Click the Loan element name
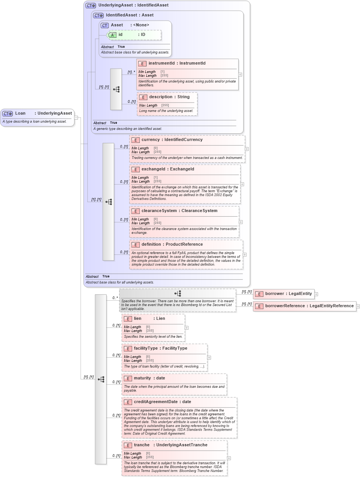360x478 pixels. pos(20,113)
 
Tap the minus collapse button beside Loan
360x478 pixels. pos(76,117)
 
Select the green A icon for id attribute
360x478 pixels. pos(112,35)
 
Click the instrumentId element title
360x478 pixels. pos(177,63)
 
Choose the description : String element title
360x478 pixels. pos(169,97)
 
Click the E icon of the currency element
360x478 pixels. pos(135,140)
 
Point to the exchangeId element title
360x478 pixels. pos(168,169)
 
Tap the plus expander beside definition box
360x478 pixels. pos(245,254)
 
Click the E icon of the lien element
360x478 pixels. pos(128,319)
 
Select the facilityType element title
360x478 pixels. pos(160,348)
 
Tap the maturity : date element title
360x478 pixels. pos(149,378)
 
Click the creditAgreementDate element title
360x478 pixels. pos(162,402)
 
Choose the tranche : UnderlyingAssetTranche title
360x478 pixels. pos(170,445)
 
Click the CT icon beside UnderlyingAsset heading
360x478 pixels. pos(91,6)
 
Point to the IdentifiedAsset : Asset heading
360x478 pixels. pos(129,15)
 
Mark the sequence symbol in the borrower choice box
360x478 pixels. pos(178,293)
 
